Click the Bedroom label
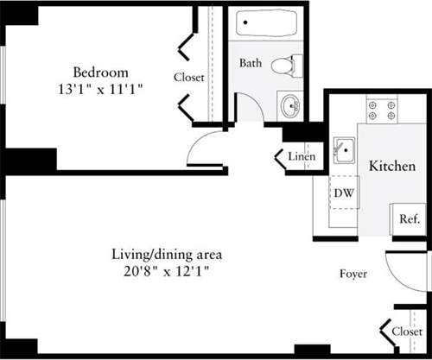click(100, 72)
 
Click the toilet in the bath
click(286, 65)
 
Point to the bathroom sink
click(291, 107)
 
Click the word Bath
click(251, 63)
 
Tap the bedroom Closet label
click(189, 77)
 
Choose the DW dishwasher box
click(343, 192)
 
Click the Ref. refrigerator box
click(408, 219)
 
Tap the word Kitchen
click(391, 165)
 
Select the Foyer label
click(353, 274)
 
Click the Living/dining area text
click(168, 255)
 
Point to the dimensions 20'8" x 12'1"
click(168, 271)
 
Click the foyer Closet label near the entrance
click(407, 331)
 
